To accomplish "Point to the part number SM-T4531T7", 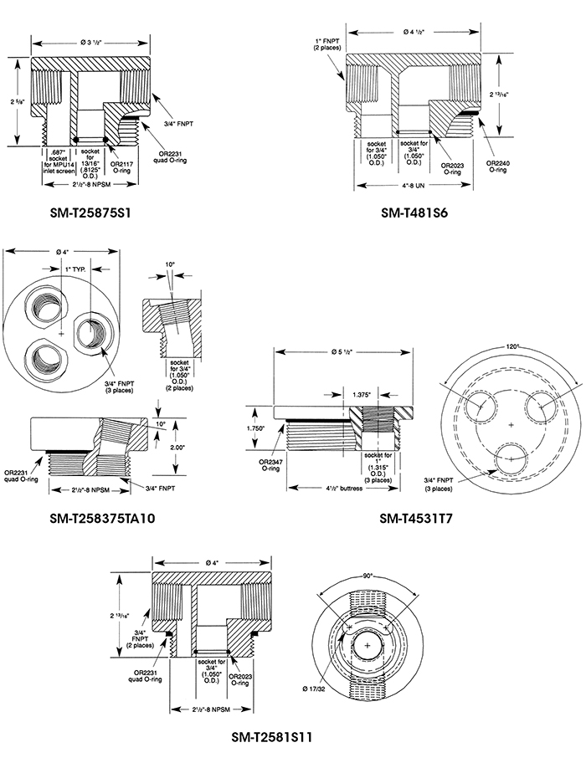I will pyautogui.click(x=416, y=519).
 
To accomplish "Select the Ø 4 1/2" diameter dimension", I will pyautogui.click(x=414, y=32).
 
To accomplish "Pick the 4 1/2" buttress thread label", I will pyautogui.click(x=340, y=488).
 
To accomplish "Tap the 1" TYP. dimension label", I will pyautogui.click(x=77, y=269).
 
